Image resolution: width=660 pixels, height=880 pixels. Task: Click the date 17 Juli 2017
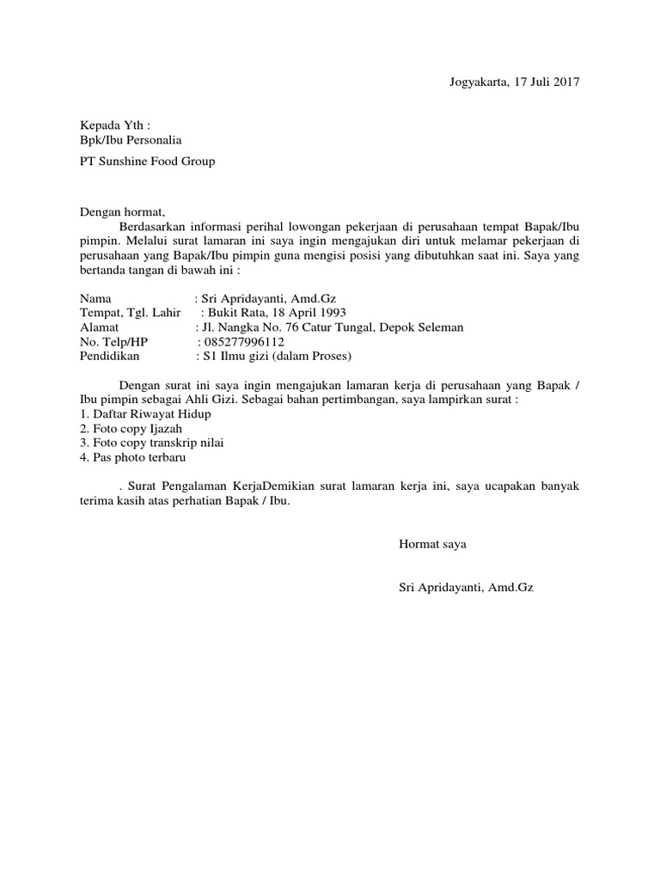547,82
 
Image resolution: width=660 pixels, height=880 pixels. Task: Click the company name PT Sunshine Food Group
147,161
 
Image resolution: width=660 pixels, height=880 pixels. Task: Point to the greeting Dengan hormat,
121,211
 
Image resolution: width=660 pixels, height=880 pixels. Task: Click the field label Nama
95,296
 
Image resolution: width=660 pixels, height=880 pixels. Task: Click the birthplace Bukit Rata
233,312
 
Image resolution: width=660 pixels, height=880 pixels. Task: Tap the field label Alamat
100,327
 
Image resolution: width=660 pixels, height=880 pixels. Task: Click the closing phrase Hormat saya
432,544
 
